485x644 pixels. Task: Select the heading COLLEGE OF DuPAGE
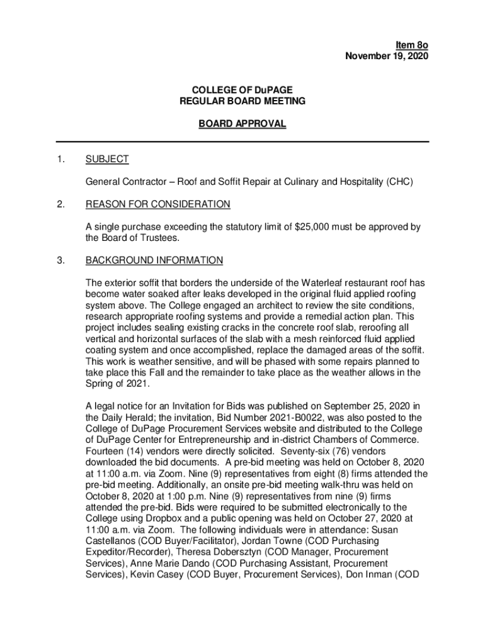click(x=243, y=90)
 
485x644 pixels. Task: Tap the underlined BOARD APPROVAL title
click(x=243, y=125)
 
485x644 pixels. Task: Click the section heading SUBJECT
click(x=107, y=160)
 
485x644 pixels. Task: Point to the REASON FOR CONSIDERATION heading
click(x=157, y=204)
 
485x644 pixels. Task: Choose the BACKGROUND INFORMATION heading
click(x=154, y=260)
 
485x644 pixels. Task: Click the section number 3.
click(x=60, y=260)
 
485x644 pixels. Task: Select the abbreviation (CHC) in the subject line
click(x=397, y=182)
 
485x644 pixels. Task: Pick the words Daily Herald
click(x=129, y=416)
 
